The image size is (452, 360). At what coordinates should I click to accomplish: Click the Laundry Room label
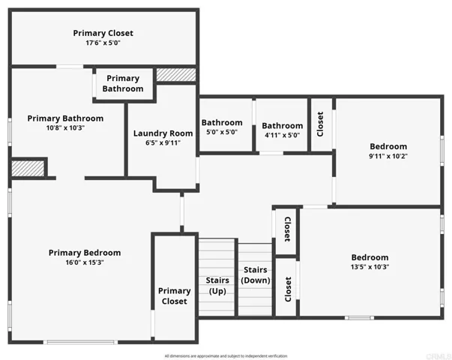163,133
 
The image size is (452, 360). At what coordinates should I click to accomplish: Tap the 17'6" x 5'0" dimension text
103,43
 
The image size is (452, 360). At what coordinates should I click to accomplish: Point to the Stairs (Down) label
255,274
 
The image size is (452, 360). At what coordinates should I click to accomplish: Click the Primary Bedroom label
84,253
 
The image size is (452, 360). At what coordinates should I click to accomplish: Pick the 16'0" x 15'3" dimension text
84,263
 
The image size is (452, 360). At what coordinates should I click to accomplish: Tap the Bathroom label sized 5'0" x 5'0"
222,123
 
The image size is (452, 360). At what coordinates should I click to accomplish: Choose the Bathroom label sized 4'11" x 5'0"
283,126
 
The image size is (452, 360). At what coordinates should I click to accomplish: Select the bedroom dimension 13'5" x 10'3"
370,267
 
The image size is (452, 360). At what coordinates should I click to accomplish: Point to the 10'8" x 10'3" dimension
65,128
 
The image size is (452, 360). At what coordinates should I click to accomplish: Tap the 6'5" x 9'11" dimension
163,143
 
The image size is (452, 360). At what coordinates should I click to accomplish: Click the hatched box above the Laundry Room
175,75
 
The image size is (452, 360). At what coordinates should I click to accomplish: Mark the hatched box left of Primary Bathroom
28,168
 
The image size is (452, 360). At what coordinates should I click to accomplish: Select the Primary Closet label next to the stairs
174,296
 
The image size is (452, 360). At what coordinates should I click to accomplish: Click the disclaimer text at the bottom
225,355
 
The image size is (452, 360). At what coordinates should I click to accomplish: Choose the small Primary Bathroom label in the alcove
123,83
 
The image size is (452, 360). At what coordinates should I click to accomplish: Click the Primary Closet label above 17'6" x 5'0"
103,33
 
